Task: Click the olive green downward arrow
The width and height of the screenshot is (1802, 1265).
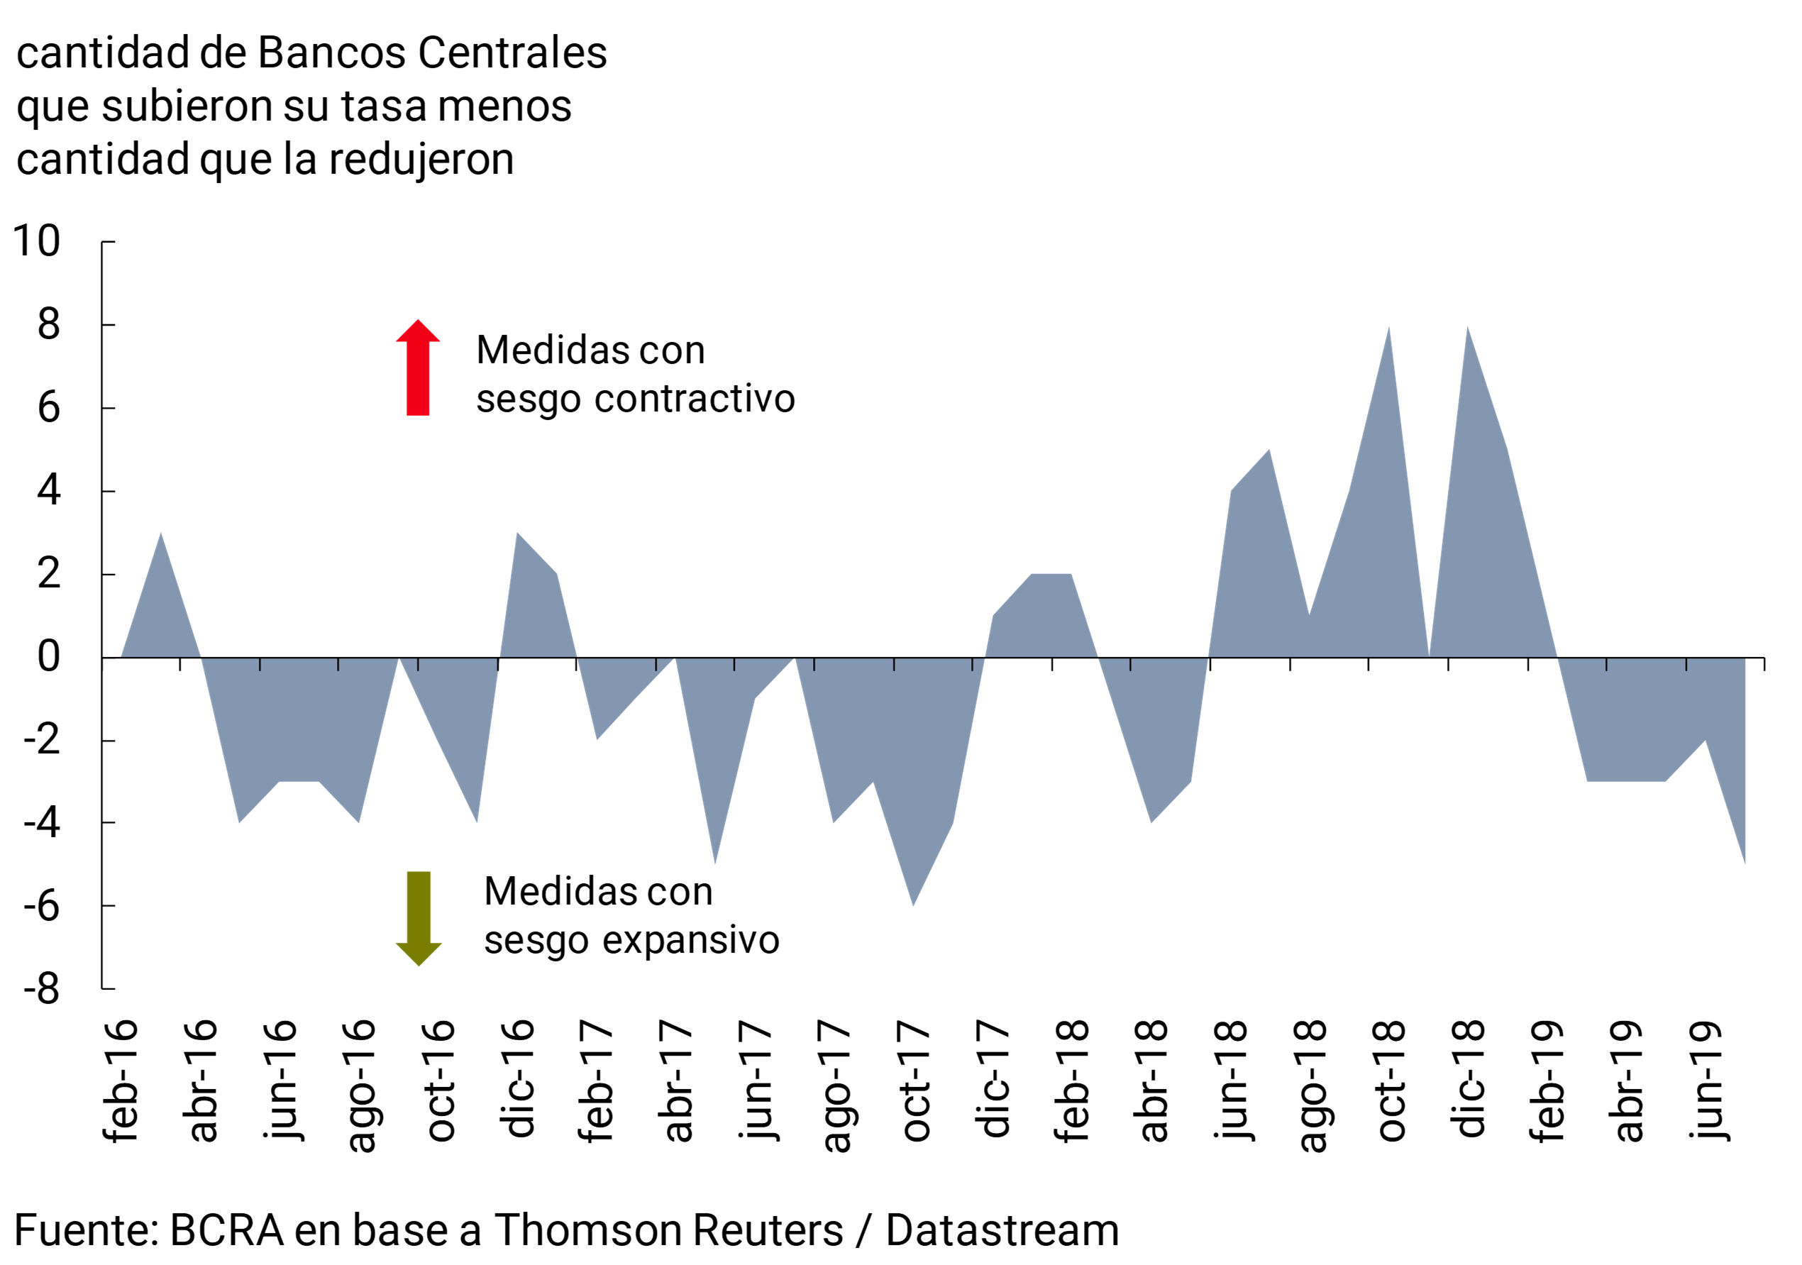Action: coord(419,917)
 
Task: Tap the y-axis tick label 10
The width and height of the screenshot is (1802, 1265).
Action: coord(37,241)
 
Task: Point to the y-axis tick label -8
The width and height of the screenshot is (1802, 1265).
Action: coord(42,989)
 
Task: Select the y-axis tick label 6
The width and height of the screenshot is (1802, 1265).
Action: coord(49,408)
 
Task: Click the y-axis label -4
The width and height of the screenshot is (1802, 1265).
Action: coord(42,823)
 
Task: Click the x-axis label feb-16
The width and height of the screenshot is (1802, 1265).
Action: coord(120,1081)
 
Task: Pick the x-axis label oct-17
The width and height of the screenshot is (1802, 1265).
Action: coord(913,1081)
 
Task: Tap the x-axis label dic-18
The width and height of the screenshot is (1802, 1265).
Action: coord(1468,1079)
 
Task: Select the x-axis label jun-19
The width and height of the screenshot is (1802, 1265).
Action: coord(1706,1081)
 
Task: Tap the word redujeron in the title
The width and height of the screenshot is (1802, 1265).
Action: coord(421,160)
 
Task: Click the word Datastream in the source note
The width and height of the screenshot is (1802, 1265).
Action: coord(1002,1230)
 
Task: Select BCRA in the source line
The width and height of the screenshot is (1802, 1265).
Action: coord(226,1230)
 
